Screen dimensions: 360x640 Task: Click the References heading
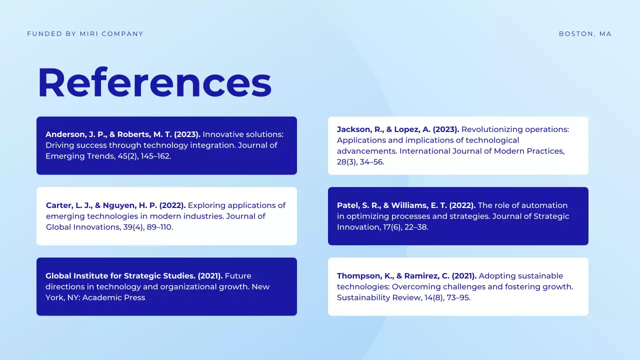(154, 82)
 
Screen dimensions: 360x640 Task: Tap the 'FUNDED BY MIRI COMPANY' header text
(85, 34)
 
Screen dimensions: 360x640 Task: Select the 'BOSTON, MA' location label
(585, 34)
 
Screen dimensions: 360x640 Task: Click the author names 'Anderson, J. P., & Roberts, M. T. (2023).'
(123, 134)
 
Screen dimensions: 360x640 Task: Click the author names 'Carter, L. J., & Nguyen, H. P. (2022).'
(115, 205)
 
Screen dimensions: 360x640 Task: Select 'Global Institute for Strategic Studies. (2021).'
(134, 276)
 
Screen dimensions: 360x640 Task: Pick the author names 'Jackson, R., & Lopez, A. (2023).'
(398, 129)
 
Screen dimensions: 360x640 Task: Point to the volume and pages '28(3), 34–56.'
(360, 162)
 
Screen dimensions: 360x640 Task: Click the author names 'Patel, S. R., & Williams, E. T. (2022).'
(406, 205)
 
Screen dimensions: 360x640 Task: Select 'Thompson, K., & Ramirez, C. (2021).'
(406, 276)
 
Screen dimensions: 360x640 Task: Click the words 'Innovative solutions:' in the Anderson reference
(243, 134)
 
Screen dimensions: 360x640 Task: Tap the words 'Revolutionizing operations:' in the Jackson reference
(515, 129)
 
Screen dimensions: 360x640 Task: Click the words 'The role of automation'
(523, 205)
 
